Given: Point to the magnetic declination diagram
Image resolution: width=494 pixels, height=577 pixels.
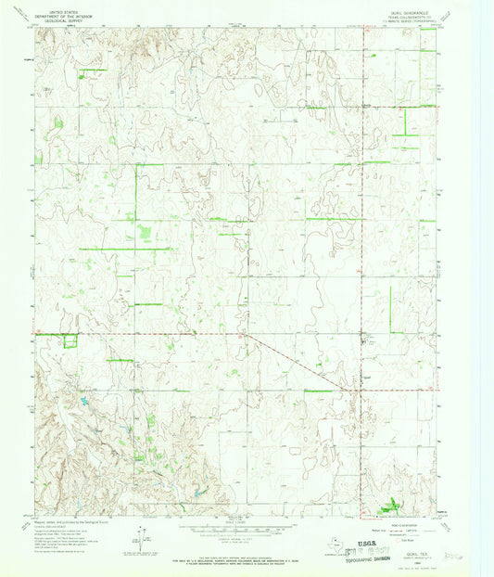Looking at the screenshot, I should click(x=140, y=535).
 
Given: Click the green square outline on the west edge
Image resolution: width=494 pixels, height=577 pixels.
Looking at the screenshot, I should click(x=70, y=341).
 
